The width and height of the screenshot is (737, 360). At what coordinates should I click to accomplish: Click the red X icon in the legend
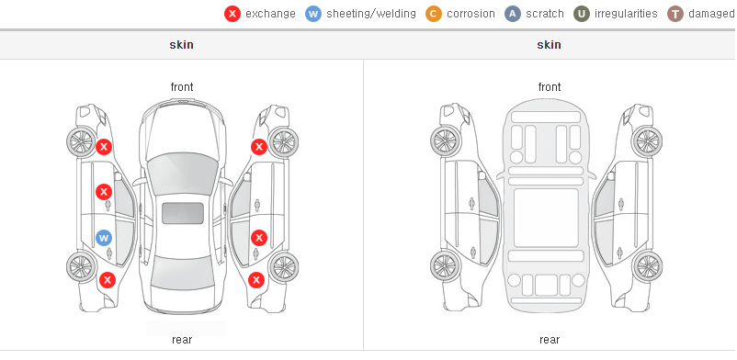232,14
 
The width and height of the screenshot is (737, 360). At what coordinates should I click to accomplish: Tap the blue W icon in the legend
313,14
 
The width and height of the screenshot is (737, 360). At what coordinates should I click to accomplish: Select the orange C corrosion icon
434,14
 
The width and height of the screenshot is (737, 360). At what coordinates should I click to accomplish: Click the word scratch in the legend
545,14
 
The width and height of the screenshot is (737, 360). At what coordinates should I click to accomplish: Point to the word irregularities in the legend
626,14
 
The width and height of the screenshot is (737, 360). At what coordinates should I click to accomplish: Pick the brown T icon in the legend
675,14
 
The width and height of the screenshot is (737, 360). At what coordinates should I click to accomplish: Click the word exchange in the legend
270,14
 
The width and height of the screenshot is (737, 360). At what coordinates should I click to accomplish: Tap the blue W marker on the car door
104,238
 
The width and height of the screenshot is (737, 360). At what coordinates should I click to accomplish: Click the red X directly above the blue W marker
104,192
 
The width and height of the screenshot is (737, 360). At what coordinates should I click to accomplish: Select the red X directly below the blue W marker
108,281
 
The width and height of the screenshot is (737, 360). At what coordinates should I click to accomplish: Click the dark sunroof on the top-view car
183,213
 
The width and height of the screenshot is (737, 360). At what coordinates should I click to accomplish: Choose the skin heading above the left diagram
181,45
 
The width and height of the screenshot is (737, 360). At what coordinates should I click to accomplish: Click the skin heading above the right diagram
549,45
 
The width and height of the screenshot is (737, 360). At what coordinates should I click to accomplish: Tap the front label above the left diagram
182,87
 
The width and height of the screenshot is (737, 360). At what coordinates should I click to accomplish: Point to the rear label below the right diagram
550,340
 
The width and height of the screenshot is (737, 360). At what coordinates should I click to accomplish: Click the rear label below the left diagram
182,340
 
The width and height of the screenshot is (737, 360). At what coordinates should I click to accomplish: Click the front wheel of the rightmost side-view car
647,141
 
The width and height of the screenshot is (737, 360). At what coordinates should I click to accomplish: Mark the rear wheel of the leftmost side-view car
82,267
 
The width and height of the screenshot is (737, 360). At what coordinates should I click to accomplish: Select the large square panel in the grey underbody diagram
546,218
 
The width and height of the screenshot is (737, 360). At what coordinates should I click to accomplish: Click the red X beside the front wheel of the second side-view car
259,147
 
